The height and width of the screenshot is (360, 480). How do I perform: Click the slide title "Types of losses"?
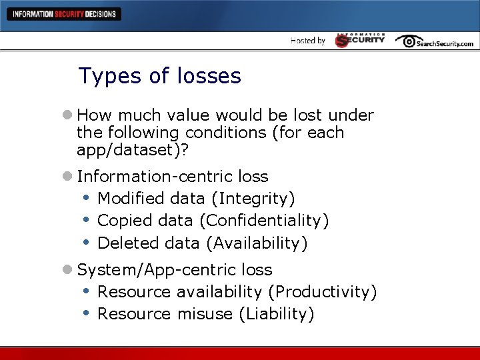159,76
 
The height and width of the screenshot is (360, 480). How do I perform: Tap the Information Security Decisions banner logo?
64,14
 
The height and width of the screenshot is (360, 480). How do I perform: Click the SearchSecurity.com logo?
434,41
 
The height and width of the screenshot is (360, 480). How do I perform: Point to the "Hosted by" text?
308,41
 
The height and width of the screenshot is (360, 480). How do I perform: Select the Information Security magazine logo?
360,40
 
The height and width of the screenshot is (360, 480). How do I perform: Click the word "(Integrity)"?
257,199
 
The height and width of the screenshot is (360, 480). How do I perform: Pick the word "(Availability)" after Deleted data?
257,243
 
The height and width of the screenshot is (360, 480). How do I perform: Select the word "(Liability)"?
275,314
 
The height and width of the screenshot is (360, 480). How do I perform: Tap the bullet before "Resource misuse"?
87,313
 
